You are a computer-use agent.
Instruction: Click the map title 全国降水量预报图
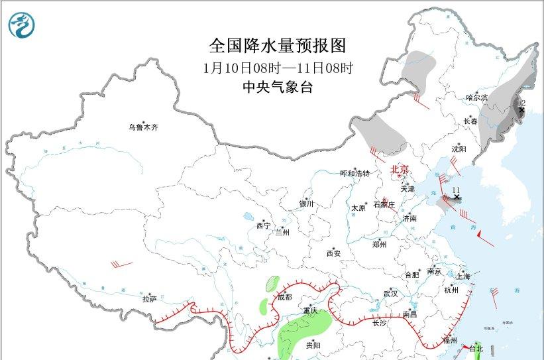(x=278, y=46)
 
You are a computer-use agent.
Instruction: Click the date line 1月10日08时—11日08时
(x=278, y=68)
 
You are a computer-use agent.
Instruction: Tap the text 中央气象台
(x=278, y=87)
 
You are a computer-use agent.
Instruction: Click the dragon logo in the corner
(x=22, y=25)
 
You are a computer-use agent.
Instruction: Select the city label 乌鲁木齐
(x=144, y=127)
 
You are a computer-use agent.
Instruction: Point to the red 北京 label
(x=402, y=169)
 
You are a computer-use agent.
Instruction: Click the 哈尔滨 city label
(x=476, y=97)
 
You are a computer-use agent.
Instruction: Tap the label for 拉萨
(x=149, y=299)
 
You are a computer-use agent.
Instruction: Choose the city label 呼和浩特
(x=354, y=174)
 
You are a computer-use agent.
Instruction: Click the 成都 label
(x=284, y=297)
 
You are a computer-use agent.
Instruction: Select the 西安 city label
(x=333, y=253)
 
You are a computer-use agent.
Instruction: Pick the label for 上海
(x=464, y=276)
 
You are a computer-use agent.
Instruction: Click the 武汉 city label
(x=390, y=293)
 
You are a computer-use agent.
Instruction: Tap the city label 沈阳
(x=459, y=149)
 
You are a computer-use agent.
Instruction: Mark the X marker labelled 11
(x=456, y=197)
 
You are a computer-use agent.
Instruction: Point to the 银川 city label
(x=305, y=204)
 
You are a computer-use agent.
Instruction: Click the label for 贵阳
(x=313, y=345)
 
